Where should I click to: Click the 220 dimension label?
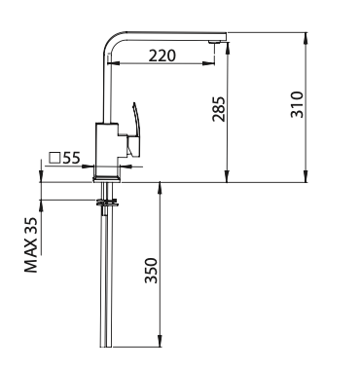coord(162,55)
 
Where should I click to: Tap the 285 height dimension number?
coord(218,109)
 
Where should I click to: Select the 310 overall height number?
coord(297,104)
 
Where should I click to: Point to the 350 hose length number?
coord(151,271)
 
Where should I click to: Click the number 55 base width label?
coord(71,158)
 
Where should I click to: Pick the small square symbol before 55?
coord(54,158)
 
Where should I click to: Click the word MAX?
coord(31,258)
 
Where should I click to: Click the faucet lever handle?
coord(134,129)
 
